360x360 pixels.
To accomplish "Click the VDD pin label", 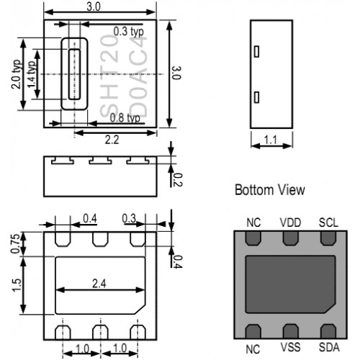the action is click(290, 222).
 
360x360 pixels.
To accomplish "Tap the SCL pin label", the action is click(328, 222).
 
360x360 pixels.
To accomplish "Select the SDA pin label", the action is click(329, 347).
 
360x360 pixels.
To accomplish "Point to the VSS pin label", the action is click(290, 347).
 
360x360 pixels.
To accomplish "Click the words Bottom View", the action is click(270, 190).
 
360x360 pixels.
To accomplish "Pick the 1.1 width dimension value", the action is click(271, 140).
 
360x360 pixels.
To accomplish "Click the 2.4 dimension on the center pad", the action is click(99, 284).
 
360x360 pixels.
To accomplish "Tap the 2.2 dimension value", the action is click(112, 140).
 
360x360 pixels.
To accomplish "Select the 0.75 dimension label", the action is click(15, 243).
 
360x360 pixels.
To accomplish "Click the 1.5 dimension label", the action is click(17, 285).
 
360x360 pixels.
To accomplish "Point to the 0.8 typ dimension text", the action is click(125, 118).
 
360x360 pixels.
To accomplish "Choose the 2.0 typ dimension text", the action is click(17, 74).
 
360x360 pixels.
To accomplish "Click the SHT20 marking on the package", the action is click(109, 75).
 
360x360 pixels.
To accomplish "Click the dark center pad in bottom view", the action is click(290, 284).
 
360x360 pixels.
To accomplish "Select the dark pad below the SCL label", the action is click(328, 238).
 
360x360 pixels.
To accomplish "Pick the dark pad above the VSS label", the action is click(290, 331).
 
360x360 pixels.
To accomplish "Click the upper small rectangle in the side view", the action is click(256, 51).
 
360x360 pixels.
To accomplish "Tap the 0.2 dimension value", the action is click(178, 180).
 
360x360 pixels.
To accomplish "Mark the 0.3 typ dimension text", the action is click(128, 32).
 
